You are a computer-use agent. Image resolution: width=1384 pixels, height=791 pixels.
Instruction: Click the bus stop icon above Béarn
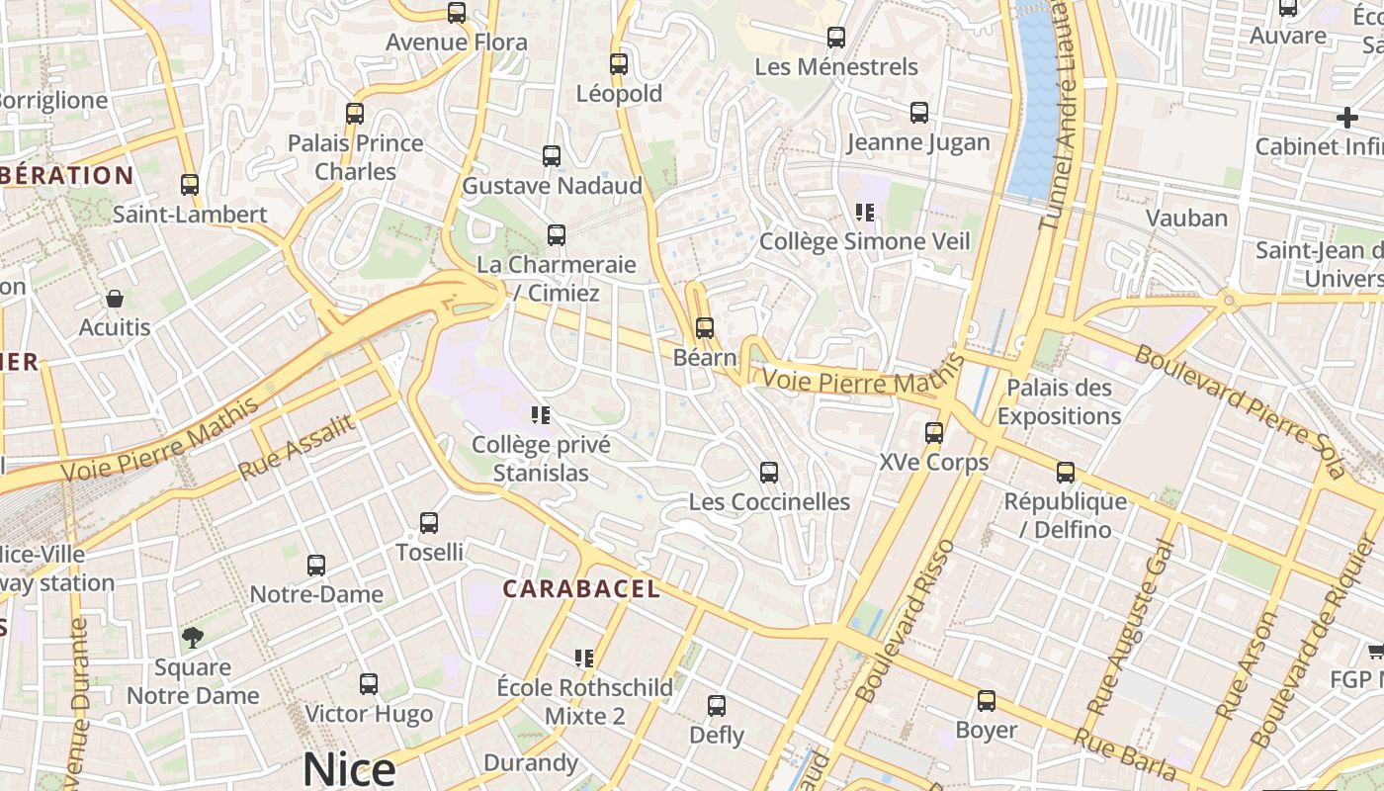point(704,327)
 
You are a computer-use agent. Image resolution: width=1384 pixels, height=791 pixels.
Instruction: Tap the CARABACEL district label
point(580,589)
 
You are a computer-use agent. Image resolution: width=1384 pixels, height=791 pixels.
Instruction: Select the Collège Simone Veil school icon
point(865,213)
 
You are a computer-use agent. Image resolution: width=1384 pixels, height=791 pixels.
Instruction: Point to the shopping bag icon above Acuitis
point(115,299)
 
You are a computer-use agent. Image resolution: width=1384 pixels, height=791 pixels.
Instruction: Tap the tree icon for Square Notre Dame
point(192,638)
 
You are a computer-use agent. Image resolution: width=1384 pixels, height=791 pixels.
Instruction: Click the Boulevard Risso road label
point(907,621)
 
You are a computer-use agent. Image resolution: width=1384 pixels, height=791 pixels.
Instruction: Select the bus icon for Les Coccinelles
point(768,473)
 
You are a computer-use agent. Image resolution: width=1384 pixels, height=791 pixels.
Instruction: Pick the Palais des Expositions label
point(1059,401)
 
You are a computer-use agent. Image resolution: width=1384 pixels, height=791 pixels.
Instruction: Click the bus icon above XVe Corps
point(933,433)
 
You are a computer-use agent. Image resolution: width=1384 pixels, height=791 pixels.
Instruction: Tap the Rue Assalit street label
point(297,448)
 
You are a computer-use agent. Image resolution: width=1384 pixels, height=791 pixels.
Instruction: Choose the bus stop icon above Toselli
point(429,523)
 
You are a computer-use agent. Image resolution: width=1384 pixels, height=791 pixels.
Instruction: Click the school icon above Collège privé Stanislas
point(540,415)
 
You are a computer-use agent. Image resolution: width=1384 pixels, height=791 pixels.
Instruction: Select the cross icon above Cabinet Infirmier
point(1346,119)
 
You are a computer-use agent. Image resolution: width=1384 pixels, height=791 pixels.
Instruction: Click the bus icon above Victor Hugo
point(369,684)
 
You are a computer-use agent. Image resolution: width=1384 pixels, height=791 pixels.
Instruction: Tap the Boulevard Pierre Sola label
point(1240,411)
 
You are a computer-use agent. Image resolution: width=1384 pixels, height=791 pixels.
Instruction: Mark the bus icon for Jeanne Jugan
point(919,113)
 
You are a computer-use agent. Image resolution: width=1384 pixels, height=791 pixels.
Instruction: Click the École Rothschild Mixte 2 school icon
point(584,659)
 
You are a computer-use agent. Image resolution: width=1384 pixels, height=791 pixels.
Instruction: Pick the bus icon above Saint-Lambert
point(190,185)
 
